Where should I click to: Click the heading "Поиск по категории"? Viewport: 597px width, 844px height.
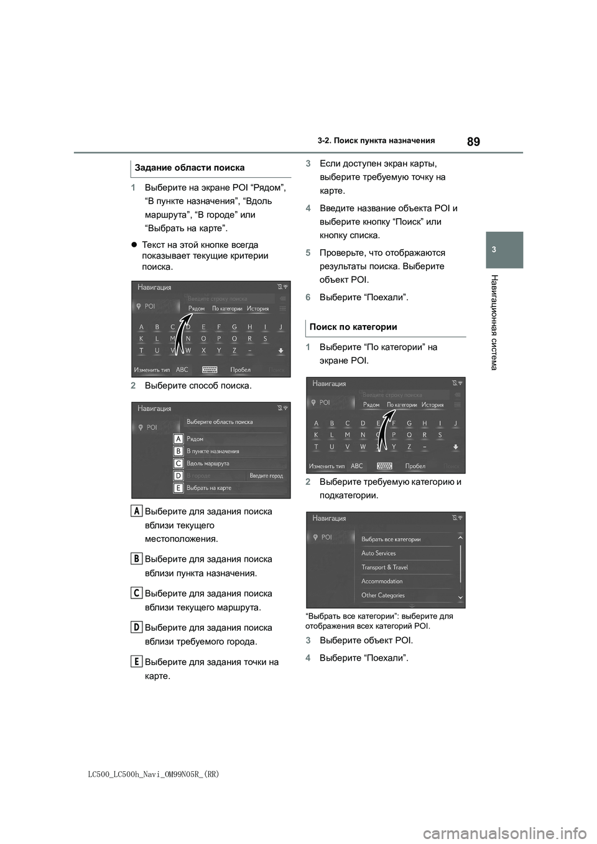click(x=353, y=327)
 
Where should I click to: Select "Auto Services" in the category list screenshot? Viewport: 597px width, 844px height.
click(x=378, y=553)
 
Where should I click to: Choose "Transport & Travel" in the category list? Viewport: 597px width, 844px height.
click(x=384, y=567)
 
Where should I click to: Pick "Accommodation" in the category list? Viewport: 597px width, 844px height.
click(x=382, y=581)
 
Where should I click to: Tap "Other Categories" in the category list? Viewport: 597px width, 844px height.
click(x=383, y=595)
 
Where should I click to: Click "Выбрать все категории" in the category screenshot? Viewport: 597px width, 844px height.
click(x=391, y=539)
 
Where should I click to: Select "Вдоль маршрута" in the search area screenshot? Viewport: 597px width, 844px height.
click(x=208, y=464)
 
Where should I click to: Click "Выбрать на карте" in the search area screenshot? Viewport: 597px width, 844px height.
click(x=209, y=488)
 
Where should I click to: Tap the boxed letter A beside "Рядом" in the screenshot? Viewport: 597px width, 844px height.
click(x=178, y=439)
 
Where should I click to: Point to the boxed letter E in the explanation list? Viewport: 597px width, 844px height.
click(x=136, y=660)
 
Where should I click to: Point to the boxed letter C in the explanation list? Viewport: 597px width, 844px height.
click(x=136, y=592)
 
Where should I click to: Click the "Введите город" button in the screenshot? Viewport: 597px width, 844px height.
click(x=266, y=476)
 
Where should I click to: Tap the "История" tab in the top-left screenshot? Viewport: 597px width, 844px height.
click(x=257, y=309)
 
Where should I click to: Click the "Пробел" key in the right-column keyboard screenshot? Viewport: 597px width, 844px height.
click(x=415, y=466)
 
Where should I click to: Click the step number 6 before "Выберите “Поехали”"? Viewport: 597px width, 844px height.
click(x=308, y=298)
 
